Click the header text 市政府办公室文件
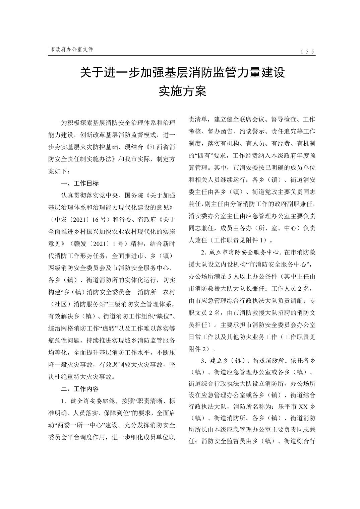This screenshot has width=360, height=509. click(x=71, y=49)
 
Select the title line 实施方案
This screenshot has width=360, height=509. click(x=182, y=91)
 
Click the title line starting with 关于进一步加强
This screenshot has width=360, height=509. click(x=182, y=72)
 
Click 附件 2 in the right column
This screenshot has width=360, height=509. click(x=199, y=349)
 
